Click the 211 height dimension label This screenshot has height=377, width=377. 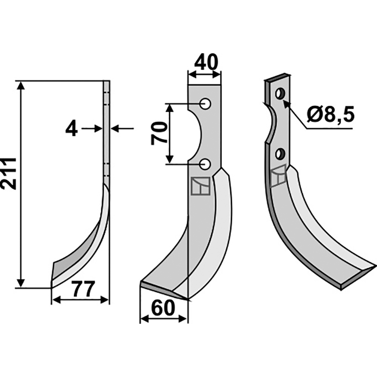[x=8, y=173]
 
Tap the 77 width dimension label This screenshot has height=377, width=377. [x=82, y=289]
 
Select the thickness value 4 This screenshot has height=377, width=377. [x=72, y=129]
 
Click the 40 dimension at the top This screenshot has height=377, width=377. [x=206, y=63]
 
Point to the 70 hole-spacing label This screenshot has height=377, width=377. [x=159, y=133]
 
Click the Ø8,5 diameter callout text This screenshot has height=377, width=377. [x=331, y=115]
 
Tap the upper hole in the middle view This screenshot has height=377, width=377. [x=205, y=104]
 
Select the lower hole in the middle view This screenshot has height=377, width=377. [x=205, y=164]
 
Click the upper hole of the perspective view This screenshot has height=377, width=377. [x=280, y=93]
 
